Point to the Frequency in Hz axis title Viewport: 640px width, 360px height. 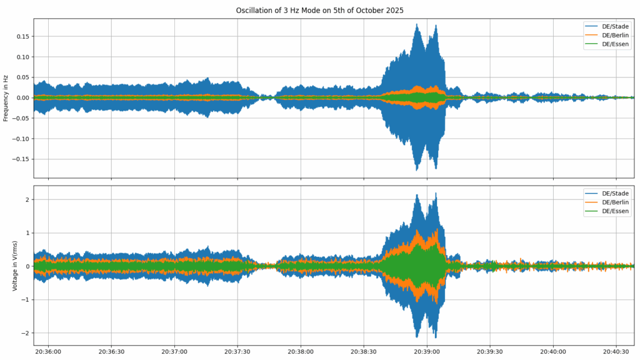click(7, 98)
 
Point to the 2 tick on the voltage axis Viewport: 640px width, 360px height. click(27, 199)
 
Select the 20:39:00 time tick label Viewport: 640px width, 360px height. click(427, 352)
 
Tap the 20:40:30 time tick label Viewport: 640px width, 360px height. click(616, 352)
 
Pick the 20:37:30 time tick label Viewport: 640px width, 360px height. click(237, 352)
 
